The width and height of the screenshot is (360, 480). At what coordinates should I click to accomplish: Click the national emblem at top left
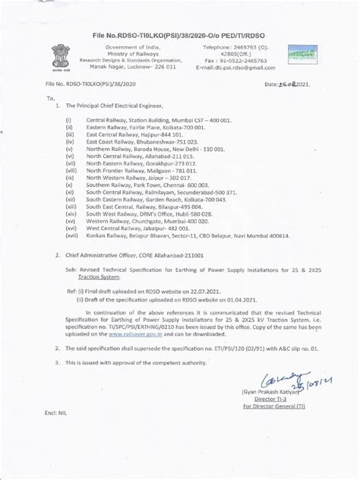click(60, 58)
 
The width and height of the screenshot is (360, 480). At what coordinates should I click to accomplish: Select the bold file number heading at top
click(179, 35)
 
